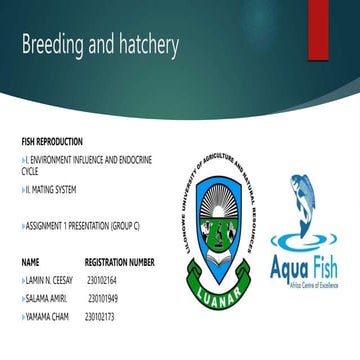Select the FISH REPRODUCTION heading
click(52, 142)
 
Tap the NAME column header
click(30, 262)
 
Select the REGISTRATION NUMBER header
click(119, 262)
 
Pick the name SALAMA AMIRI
click(45, 299)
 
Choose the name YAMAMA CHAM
click(46, 317)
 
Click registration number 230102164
click(102, 281)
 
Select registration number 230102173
click(102, 317)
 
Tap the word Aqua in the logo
click(290, 267)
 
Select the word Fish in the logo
click(325, 267)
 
